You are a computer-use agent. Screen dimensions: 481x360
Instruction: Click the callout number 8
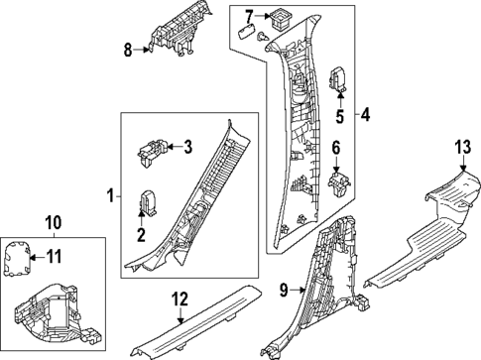coord(128,51)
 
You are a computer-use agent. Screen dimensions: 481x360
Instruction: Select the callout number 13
coord(463,147)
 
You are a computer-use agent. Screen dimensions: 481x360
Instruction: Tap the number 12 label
coord(180,300)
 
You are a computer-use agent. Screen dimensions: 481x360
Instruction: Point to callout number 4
coord(365,115)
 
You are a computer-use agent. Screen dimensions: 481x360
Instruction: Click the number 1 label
coord(111,196)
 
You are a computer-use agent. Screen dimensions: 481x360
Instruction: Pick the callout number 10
coord(54,223)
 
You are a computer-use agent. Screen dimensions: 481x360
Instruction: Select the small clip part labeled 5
coord(338,78)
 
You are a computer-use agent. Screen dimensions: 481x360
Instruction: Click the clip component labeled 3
coord(152,152)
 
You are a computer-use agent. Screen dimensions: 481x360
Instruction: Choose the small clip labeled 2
coord(148,202)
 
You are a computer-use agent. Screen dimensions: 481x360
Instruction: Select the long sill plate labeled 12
coord(196,321)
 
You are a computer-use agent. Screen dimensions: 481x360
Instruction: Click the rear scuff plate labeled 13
coord(425,231)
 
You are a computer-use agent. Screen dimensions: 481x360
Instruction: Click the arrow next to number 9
coord(300,291)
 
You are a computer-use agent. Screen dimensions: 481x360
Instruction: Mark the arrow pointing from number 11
coord(36,257)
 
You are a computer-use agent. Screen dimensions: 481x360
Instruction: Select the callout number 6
coord(336,148)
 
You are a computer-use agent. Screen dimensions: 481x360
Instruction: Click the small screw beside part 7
coord(263,37)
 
